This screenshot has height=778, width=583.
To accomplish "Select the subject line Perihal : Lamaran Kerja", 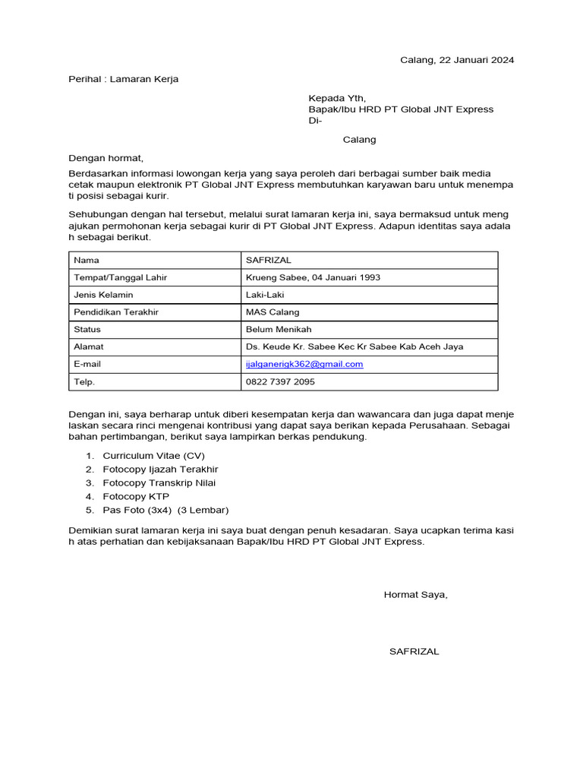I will [124, 79].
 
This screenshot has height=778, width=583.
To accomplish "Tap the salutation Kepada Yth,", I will [336, 98].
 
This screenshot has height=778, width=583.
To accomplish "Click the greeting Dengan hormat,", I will [106, 159].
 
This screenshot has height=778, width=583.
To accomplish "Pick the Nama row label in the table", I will [87, 260].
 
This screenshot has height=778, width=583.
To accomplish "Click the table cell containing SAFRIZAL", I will [268, 260].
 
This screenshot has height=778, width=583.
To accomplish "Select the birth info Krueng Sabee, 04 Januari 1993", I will [313, 277].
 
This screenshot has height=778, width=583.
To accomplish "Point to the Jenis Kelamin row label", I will [103, 295].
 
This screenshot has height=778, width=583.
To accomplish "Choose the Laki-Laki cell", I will [265, 295].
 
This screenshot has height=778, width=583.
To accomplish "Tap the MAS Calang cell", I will [273, 312].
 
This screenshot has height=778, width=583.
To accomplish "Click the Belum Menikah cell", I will [279, 330].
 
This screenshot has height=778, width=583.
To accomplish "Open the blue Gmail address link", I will [304, 364].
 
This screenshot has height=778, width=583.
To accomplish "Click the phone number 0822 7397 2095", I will [280, 381].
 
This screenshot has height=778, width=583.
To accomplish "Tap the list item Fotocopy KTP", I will [136, 496].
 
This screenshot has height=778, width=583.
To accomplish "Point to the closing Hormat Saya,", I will [415, 594].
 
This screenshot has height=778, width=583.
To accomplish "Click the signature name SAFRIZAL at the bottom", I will [414, 651].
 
